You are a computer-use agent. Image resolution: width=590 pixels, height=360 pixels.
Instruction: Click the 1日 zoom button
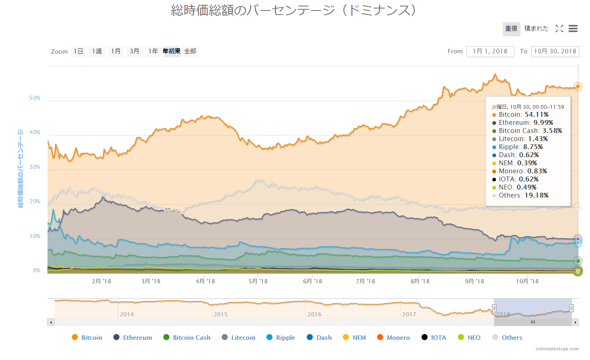coord(78,51)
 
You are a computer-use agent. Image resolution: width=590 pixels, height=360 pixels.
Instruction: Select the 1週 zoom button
coord(97,51)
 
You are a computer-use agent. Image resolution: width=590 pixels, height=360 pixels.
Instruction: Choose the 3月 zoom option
coord(134,51)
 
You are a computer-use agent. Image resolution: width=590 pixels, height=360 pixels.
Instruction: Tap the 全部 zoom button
coord(190,51)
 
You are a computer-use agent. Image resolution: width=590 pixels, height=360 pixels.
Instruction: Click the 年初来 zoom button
coord(172,51)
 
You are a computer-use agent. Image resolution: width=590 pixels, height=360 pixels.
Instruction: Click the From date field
coord(490,51)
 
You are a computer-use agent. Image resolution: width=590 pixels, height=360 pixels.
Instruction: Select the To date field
coord(555,51)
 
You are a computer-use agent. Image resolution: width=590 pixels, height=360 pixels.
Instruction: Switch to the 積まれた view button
coord(536,29)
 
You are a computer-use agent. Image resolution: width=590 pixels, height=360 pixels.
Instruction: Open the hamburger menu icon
coord(573,29)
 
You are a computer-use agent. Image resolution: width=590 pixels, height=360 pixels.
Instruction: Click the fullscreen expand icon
coord(559,29)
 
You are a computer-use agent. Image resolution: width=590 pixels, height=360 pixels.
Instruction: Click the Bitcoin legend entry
coord(87,337)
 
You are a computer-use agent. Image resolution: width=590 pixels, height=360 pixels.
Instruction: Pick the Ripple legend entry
coord(281,337)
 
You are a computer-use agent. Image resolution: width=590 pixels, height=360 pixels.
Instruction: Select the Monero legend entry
coord(393,337)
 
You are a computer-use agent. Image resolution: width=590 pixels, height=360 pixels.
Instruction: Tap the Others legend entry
coord(507,337)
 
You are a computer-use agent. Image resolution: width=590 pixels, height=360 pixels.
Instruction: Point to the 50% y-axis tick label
coord(35,98)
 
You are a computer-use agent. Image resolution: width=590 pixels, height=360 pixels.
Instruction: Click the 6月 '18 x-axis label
coord(313,281)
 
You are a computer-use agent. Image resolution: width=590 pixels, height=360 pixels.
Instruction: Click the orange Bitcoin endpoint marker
coord(578,86)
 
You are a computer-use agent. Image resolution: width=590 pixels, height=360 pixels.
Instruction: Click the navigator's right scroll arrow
coord(575,322)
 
